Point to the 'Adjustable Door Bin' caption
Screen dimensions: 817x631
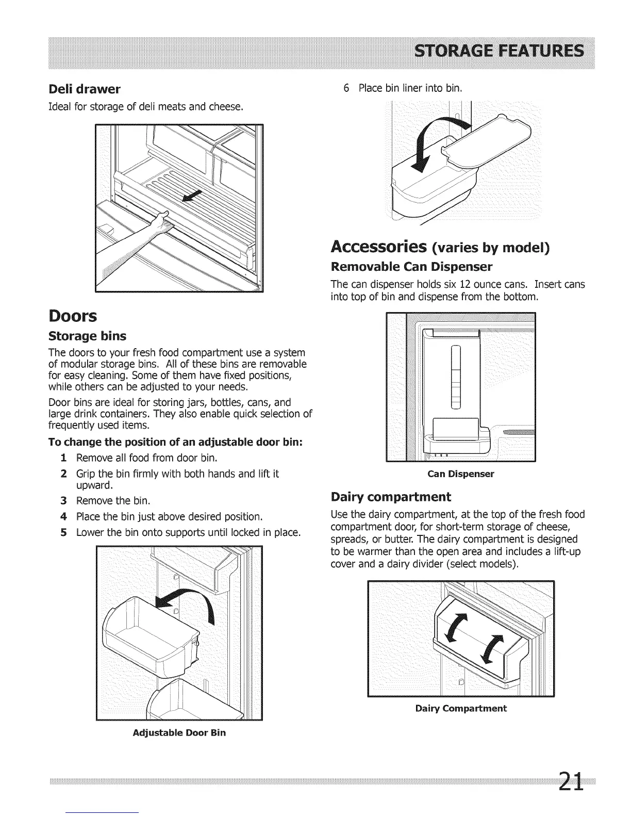coord(179,732)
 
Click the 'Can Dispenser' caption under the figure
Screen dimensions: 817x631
coord(461,474)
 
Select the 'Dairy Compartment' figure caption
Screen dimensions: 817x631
coord(461,709)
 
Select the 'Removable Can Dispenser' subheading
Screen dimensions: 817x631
coord(411,267)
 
